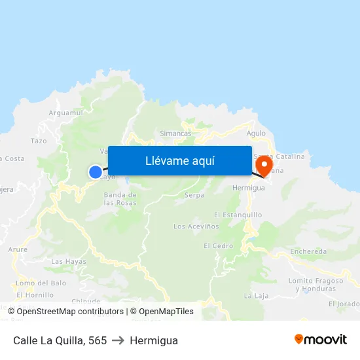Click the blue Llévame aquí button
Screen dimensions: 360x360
[x=179, y=161]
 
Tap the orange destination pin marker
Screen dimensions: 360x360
[x=264, y=166]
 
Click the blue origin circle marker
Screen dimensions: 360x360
[x=96, y=172]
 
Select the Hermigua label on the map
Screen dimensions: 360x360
[x=249, y=187]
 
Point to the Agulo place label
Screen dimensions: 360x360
[x=256, y=133]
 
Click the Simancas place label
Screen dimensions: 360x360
[x=175, y=133]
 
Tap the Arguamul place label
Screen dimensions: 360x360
[x=65, y=113]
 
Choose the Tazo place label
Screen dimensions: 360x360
[x=39, y=141]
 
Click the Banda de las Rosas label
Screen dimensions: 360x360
[x=120, y=199]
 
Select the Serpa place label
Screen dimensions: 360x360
[x=194, y=195]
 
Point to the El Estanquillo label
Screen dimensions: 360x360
[x=238, y=215]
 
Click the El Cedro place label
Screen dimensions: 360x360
[x=218, y=246]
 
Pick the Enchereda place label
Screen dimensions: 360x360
[x=308, y=251]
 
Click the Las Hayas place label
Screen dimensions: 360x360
[x=69, y=262]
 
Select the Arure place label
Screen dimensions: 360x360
[x=18, y=249]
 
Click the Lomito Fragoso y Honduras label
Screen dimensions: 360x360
[x=315, y=285]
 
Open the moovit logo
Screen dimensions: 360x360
[x=321, y=340]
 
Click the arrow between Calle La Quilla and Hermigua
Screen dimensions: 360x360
[x=118, y=340]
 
